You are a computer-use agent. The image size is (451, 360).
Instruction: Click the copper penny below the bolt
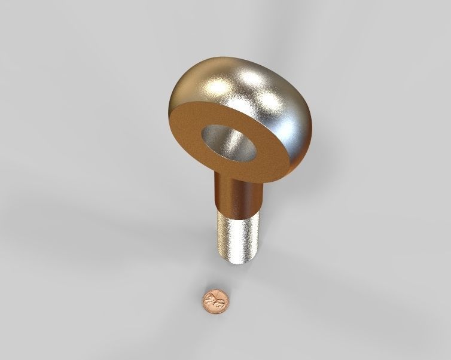(215, 301)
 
